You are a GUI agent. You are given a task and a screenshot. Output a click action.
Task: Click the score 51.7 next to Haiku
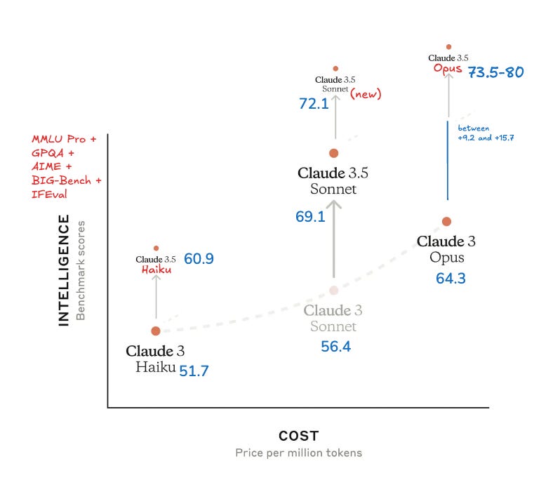(194, 371)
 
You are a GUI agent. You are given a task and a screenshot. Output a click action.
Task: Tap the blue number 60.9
(199, 259)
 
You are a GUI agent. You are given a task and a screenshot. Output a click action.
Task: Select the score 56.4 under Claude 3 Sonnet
(336, 346)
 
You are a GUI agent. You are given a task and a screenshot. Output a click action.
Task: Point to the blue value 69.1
(310, 217)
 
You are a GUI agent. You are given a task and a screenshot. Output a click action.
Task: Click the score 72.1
(313, 104)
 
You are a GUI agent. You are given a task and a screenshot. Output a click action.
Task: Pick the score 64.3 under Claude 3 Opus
(451, 279)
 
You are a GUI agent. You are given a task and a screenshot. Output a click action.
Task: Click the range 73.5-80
(495, 72)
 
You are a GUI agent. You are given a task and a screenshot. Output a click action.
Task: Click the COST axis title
(298, 437)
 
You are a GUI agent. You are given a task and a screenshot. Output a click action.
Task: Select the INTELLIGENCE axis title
(64, 270)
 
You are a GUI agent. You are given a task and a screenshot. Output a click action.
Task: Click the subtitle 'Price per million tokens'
(298, 453)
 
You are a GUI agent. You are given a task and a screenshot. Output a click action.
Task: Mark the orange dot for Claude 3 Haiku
(156, 331)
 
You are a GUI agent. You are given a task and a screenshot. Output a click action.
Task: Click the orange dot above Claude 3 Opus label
(446, 222)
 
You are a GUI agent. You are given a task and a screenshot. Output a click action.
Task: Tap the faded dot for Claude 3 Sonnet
(334, 290)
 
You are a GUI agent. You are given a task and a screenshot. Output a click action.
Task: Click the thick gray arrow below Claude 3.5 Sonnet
(334, 239)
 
